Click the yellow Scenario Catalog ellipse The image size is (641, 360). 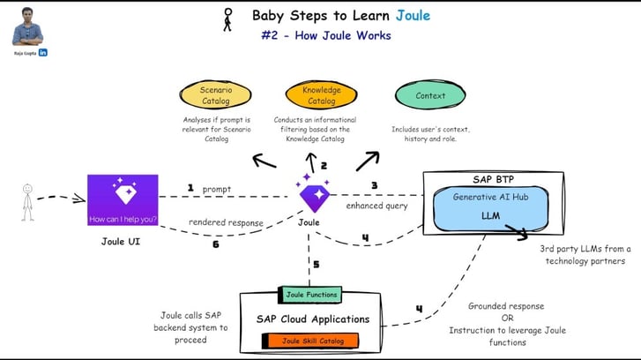coord(216,95)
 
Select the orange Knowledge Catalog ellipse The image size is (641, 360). coord(322,95)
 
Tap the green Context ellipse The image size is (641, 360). coord(430,95)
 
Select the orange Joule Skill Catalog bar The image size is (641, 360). coord(309,341)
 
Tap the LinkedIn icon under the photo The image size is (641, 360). coord(43,53)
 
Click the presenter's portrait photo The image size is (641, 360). coord(27,26)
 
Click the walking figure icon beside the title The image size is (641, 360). coord(228,19)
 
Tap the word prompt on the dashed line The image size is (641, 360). coord(216,188)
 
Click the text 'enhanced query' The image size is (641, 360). coord(376,206)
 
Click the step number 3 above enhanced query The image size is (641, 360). coord(374,186)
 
